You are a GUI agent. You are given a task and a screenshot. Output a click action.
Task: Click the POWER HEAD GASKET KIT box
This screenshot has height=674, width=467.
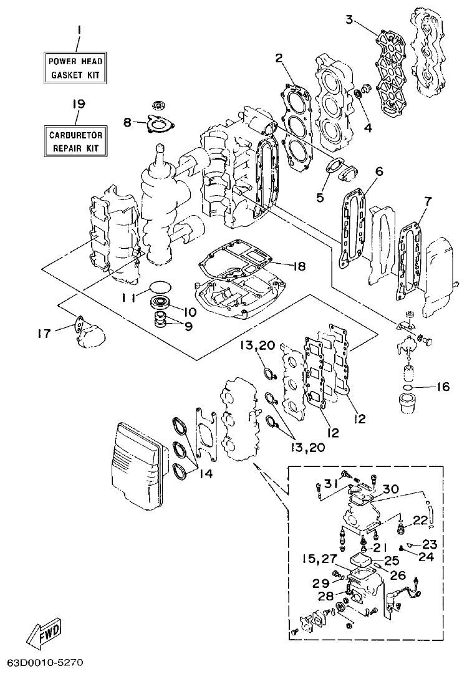tap(75, 68)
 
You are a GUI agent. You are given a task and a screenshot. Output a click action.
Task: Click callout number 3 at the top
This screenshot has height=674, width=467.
tap(350, 20)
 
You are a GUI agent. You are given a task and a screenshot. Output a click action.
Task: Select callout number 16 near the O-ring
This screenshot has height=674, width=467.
tap(442, 387)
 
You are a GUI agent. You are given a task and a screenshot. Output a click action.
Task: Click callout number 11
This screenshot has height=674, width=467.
tap(128, 298)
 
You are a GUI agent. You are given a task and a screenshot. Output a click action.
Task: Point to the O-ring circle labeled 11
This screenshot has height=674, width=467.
tap(161, 287)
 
